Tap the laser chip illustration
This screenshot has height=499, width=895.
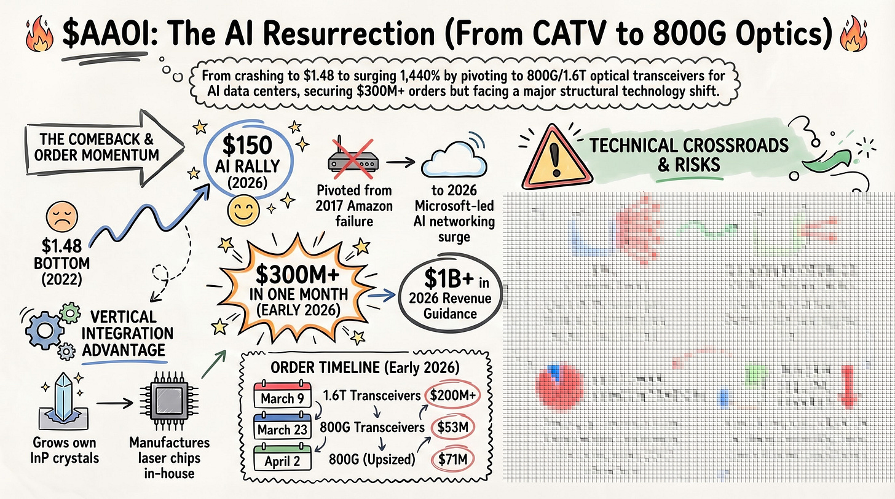(x=162, y=403)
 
